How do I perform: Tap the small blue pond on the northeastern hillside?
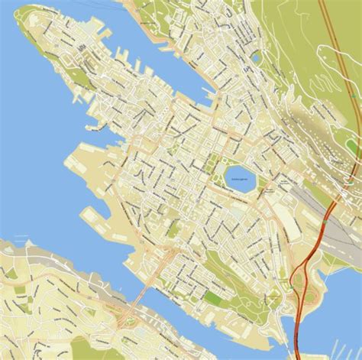tap(256, 55)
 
